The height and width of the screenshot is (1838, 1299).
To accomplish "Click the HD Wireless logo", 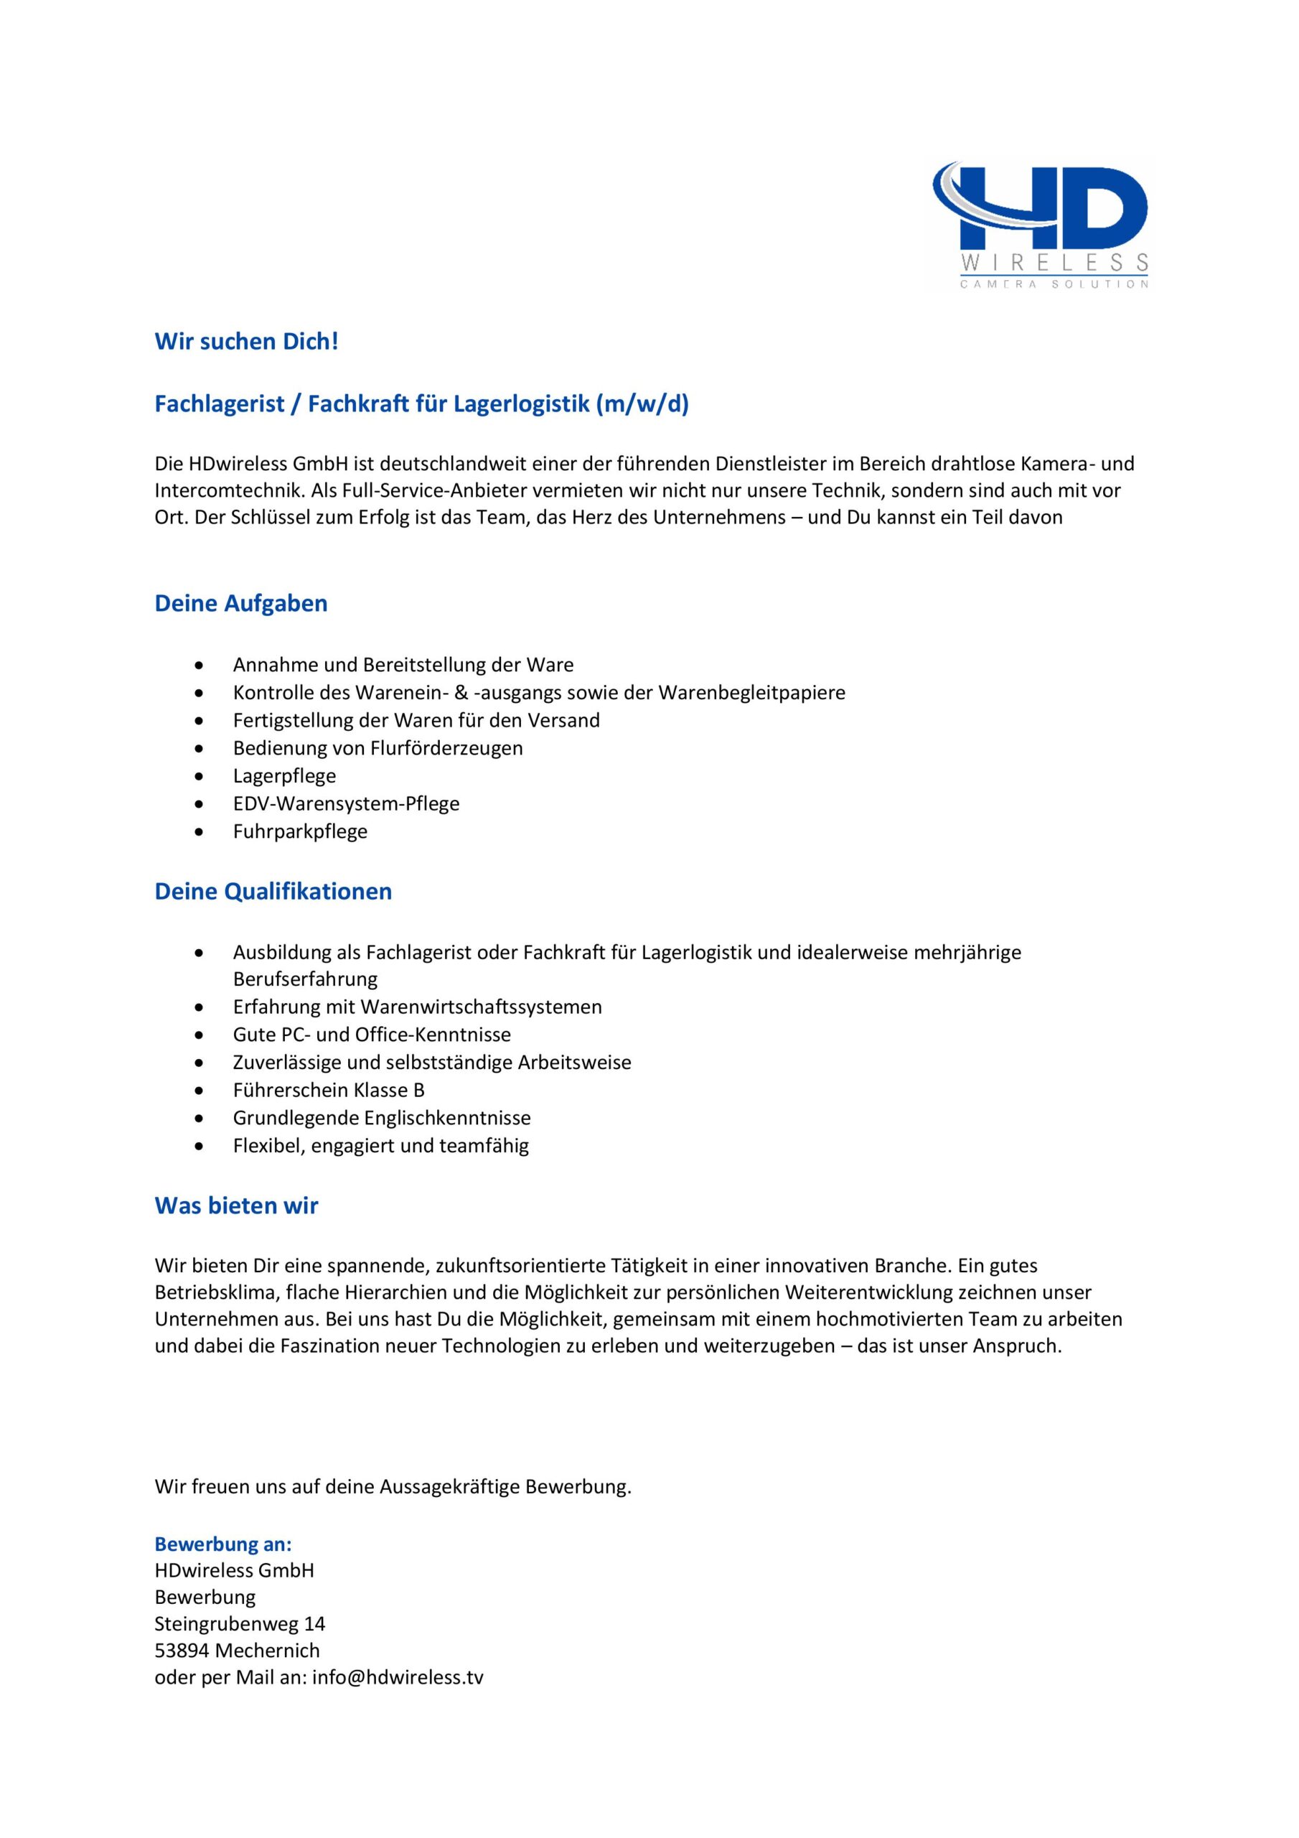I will [x=1041, y=225].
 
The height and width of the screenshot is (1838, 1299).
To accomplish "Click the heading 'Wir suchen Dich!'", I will [x=246, y=342].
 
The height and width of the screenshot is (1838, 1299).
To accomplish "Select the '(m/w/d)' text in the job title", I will [x=642, y=403].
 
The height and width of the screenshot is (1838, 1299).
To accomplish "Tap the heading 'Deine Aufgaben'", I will [x=241, y=604].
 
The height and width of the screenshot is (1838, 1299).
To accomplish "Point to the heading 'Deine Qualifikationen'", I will [x=273, y=892].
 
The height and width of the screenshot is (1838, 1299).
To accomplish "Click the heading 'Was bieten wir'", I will [x=236, y=1205].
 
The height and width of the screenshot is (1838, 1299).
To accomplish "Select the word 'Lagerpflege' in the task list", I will [x=284, y=775].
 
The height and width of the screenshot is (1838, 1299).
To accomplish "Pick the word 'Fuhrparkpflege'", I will [x=300, y=831].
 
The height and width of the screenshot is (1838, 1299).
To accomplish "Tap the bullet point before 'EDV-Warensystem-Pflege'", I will [x=199, y=803].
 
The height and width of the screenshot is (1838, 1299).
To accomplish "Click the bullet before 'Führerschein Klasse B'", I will [x=199, y=1091].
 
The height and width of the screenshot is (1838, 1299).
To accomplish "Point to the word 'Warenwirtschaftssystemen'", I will [x=481, y=1007].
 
